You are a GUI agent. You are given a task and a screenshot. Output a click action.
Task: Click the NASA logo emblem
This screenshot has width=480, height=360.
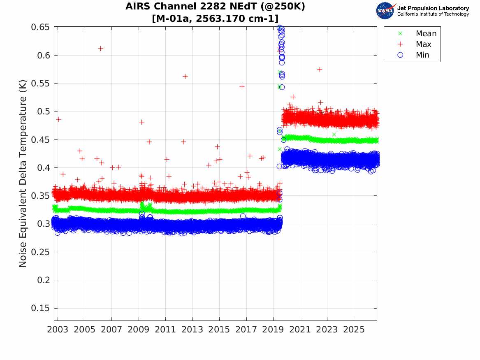click(385, 11)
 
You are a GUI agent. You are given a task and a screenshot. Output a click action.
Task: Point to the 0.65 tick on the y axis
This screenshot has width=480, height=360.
click(40, 27)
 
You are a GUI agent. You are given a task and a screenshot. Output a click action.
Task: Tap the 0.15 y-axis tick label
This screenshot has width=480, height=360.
click(40, 308)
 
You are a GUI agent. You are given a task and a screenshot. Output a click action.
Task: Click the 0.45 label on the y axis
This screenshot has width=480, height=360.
click(40, 139)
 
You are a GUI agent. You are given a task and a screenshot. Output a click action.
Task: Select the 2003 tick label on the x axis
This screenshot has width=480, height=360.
click(58, 330)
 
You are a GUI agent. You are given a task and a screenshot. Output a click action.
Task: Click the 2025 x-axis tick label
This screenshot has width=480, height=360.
click(354, 330)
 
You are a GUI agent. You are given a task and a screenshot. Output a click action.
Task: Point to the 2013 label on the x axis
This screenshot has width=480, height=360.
click(192, 330)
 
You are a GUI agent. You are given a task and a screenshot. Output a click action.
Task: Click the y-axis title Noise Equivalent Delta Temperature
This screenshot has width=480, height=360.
click(23, 174)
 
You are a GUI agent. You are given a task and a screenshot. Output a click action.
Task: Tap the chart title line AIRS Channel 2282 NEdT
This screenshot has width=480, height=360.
click(215, 6)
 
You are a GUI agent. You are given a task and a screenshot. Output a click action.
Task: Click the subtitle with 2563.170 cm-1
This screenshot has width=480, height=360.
click(215, 19)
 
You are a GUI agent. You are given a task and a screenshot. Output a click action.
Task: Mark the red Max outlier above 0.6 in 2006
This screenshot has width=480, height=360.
click(100, 49)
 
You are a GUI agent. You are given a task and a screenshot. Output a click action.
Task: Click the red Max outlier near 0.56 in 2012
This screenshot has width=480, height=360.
click(185, 76)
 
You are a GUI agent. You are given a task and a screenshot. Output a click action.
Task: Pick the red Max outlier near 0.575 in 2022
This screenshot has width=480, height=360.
click(320, 70)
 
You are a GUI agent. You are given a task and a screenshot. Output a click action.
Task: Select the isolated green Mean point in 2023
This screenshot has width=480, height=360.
click(334, 135)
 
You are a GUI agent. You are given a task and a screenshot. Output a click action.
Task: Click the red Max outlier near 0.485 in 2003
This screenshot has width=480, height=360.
click(58, 119)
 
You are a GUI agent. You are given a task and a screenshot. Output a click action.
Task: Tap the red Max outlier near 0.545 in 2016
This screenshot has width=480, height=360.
click(242, 86)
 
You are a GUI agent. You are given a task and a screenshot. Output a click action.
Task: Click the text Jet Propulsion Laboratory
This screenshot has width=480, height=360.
click(433, 8)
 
